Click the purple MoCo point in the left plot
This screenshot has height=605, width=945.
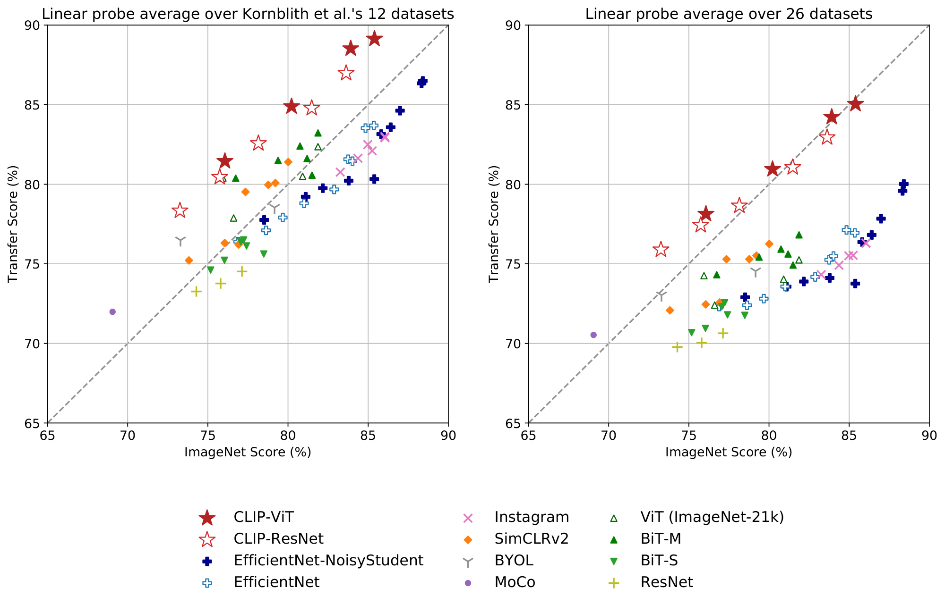[112, 311]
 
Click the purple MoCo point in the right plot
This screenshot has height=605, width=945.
[593, 335]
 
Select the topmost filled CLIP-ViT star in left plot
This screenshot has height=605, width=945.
[374, 39]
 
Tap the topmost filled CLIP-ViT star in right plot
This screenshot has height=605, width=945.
[855, 104]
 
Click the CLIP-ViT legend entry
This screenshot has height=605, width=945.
[264, 517]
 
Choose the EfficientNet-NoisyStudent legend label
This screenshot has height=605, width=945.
[328, 561]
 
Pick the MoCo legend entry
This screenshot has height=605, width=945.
[515, 582]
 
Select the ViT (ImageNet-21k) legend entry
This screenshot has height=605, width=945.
[712, 517]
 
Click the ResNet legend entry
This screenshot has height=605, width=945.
[666, 582]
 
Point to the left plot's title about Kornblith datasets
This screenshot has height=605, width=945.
[248, 14]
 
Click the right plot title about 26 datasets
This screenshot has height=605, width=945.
[729, 14]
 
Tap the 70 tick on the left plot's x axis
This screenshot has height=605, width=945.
[128, 435]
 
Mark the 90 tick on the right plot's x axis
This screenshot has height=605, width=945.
[929, 435]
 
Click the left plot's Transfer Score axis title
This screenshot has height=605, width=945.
[13, 224]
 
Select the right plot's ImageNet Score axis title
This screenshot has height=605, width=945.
[729, 452]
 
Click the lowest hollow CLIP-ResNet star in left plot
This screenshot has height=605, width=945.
[180, 210]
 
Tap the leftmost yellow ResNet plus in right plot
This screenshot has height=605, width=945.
[677, 347]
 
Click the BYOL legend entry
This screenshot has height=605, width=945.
[514, 561]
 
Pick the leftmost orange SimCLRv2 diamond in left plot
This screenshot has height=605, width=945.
[189, 260]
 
